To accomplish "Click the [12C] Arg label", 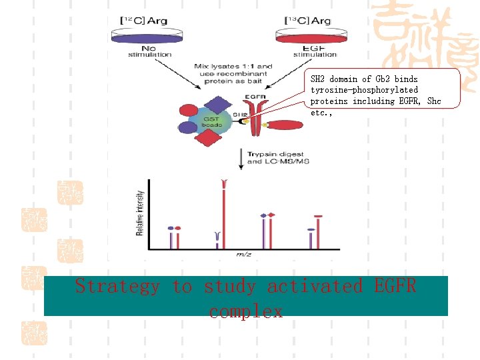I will pyautogui.click(x=143, y=21).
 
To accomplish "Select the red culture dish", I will pyautogui.click(x=303, y=38).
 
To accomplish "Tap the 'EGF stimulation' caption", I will pyautogui.click(x=304, y=51).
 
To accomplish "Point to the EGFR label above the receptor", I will pyautogui.click(x=256, y=97).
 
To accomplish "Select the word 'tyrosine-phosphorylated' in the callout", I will pyautogui.click(x=364, y=89).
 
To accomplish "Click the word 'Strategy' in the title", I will pyautogui.click(x=117, y=286).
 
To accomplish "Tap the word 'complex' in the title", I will pyautogui.click(x=245, y=311).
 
